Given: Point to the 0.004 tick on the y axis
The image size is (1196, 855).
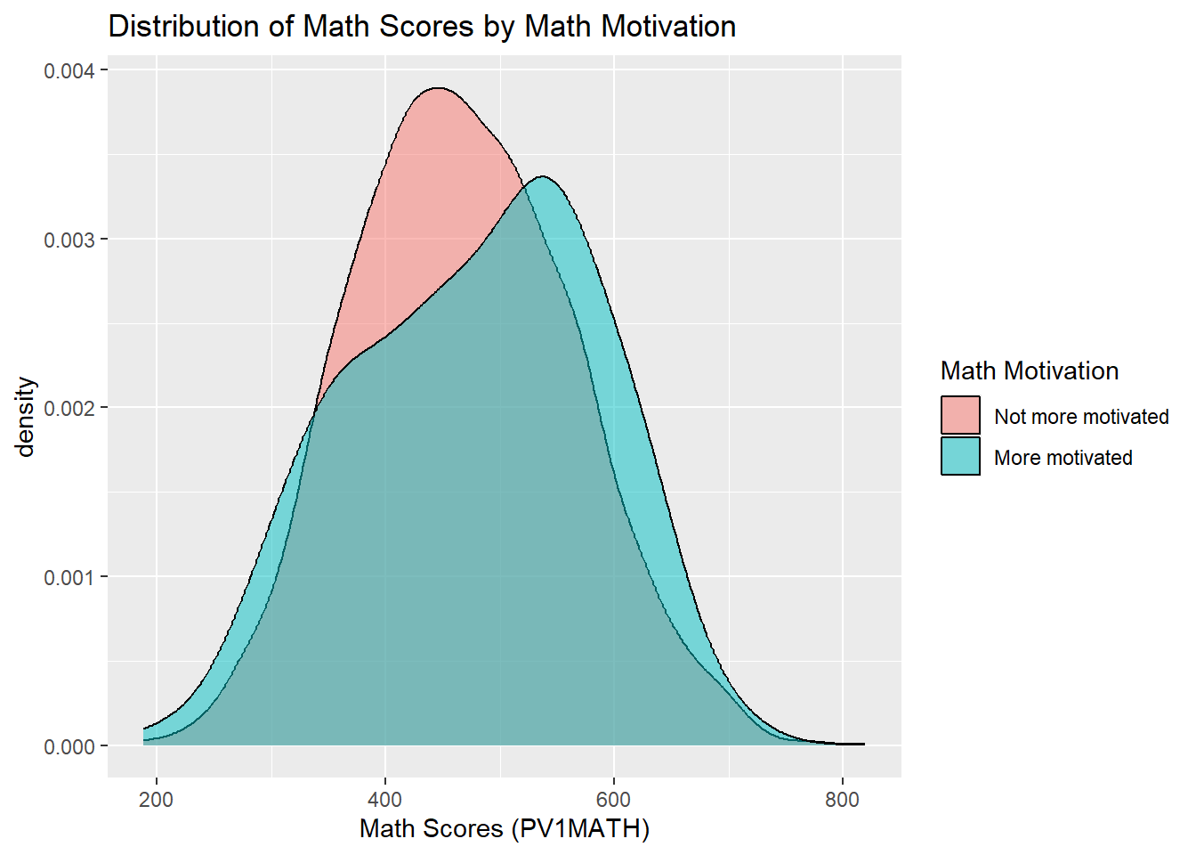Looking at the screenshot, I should [69, 71].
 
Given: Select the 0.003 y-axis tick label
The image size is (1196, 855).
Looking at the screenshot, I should [69, 240].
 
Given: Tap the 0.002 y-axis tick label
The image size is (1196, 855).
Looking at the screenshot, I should [69, 409].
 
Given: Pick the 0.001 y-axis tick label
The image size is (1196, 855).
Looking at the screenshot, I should [69, 578].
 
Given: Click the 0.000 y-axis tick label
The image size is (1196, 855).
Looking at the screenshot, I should [69, 746].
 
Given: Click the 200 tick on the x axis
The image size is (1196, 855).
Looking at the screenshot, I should [157, 799].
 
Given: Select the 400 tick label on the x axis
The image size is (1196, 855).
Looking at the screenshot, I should [385, 799].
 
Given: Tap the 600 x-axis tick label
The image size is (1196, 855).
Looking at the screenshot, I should [614, 799].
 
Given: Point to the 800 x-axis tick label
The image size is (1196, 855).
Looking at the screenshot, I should [842, 799].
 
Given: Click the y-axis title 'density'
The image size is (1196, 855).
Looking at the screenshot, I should [26, 417].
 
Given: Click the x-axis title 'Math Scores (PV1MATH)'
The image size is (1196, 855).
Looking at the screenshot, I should [505, 829].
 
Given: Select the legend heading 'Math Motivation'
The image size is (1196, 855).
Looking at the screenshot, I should [1030, 370].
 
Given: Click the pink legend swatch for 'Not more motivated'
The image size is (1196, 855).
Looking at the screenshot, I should [960, 415].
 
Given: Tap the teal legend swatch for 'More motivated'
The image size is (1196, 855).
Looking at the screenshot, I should [960, 456].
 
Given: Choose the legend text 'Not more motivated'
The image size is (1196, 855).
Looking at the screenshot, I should [1081, 417].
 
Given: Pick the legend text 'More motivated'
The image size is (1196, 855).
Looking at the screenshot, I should [1063, 458].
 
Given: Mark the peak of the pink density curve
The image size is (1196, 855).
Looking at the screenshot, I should [437, 88].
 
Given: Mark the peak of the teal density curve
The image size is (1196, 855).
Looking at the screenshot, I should [541, 176].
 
